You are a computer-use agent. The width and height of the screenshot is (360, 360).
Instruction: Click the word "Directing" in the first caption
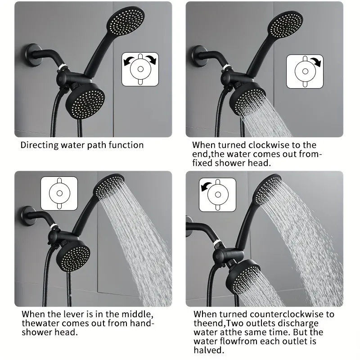tap(40, 145)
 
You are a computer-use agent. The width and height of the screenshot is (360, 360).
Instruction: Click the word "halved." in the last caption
tap(208, 350)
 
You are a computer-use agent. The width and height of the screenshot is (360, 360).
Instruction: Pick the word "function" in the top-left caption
tap(126, 145)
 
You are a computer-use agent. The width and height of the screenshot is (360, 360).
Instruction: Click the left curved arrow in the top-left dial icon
tap(129, 61)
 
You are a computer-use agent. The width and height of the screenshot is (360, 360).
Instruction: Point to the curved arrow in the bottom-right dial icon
tap(206, 186)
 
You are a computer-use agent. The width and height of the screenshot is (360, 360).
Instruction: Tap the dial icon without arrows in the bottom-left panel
tap(59, 193)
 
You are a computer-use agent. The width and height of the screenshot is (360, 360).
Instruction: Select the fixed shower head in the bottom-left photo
tap(73, 256)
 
